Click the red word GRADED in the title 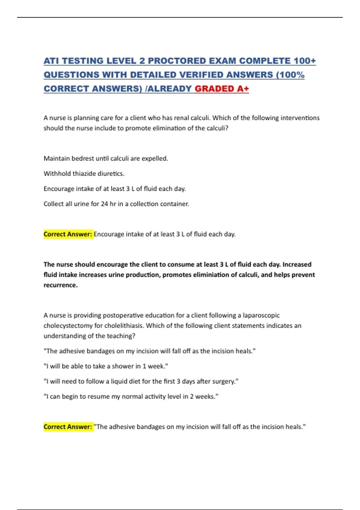coord(214,89)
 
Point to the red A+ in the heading coord(243,89)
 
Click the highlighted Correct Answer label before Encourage coord(68,234)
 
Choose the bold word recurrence coord(60,285)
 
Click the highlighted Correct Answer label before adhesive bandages coord(68,427)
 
